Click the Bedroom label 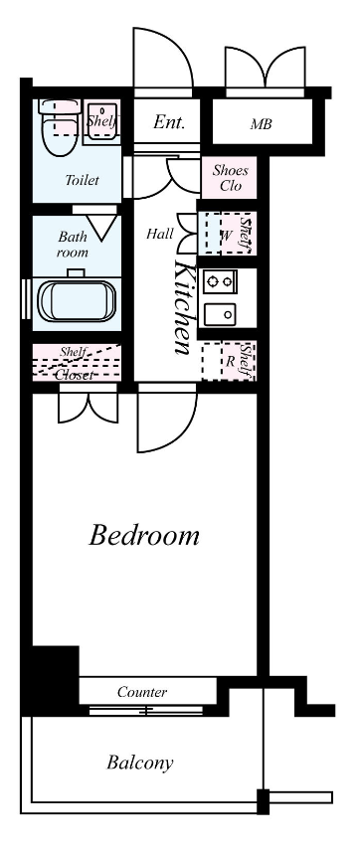[x=144, y=535]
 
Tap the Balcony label [x=140, y=763]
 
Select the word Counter [x=142, y=692]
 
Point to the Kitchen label [x=183, y=307]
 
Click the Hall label [x=160, y=234]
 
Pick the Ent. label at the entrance [x=169, y=122]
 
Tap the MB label [x=261, y=124]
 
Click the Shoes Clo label [x=231, y=178]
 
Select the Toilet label [x=82, y=180]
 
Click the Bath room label [x=73, y=245]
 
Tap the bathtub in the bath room [x=77, y=300]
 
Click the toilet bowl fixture [x=59, y=127]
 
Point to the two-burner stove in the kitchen [x=220, y=281]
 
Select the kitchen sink [x=220, y=314]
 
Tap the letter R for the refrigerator [x=231, y=362]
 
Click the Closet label [x=75, y=375]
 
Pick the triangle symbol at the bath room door [x=103, y=228]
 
